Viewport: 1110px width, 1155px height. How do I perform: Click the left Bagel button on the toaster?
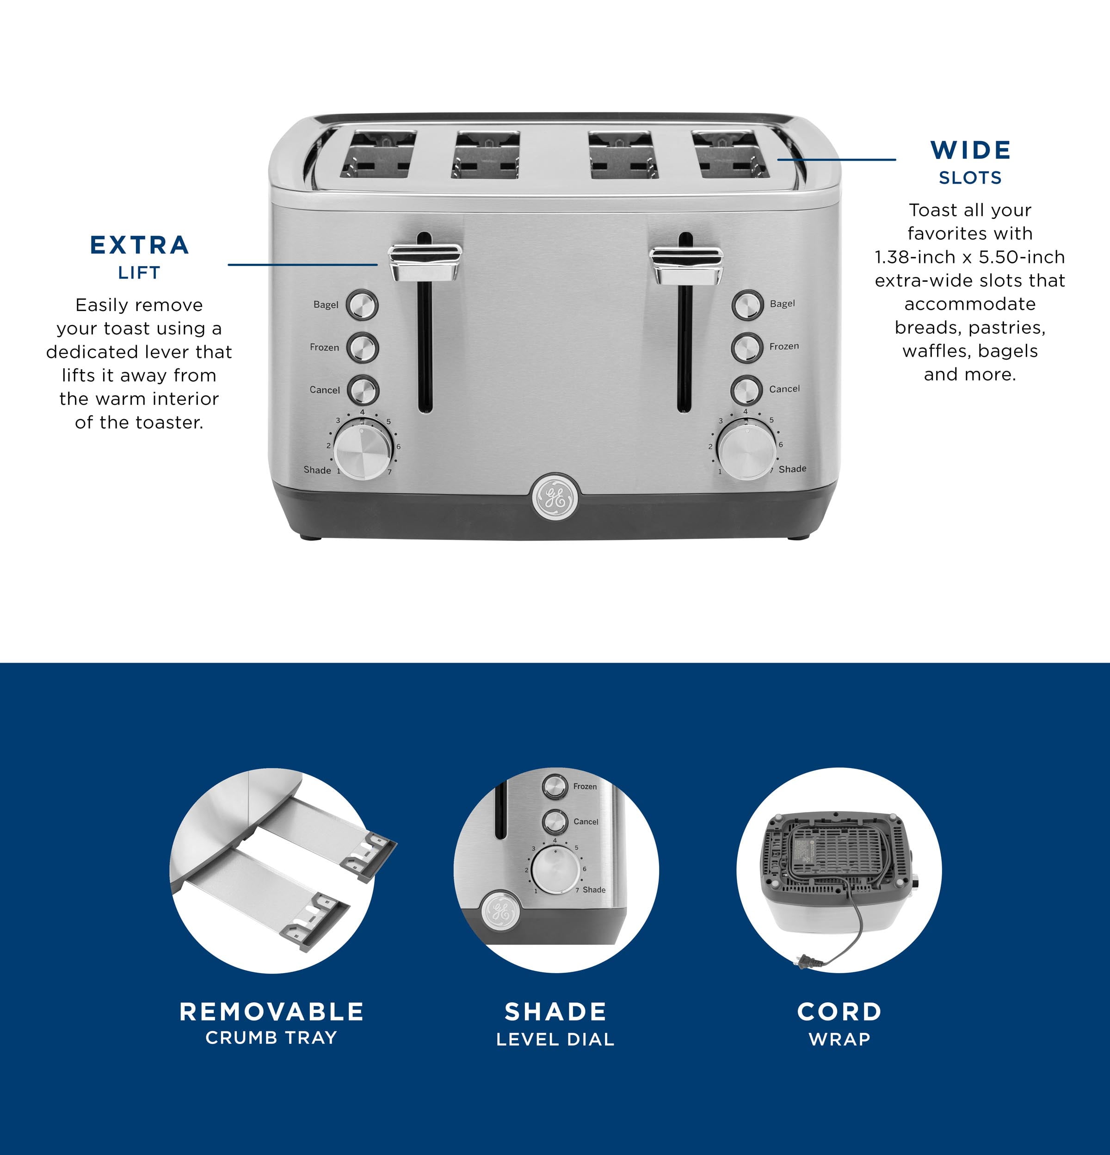coord(362,304)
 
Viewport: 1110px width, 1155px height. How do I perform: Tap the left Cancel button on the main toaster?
coord(363,390)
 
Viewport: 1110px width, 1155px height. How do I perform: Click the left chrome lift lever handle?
coord(425,262)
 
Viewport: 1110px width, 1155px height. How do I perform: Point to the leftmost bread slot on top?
coord(378,155)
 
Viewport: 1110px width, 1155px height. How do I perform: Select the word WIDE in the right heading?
coord(970,150)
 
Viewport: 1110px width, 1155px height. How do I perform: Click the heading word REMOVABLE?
coord(271,1012)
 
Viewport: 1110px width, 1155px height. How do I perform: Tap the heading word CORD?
coord(839,1012)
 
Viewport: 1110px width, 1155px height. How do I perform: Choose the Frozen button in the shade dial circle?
coord(555,786)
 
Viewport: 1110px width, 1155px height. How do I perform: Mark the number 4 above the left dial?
coord(362,412)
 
